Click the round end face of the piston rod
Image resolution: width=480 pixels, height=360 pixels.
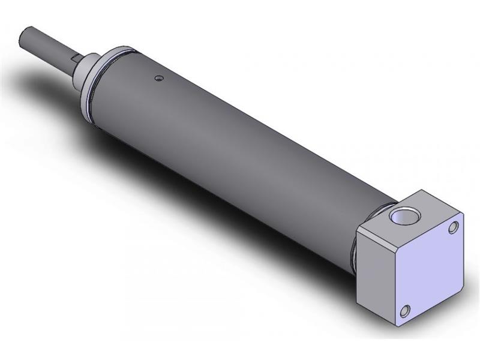[25, 35]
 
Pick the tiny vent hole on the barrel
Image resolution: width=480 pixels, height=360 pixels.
[158, 77]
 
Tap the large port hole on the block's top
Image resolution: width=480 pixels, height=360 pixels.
[398, 215]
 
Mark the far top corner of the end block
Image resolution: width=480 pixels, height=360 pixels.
[428, 191]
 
